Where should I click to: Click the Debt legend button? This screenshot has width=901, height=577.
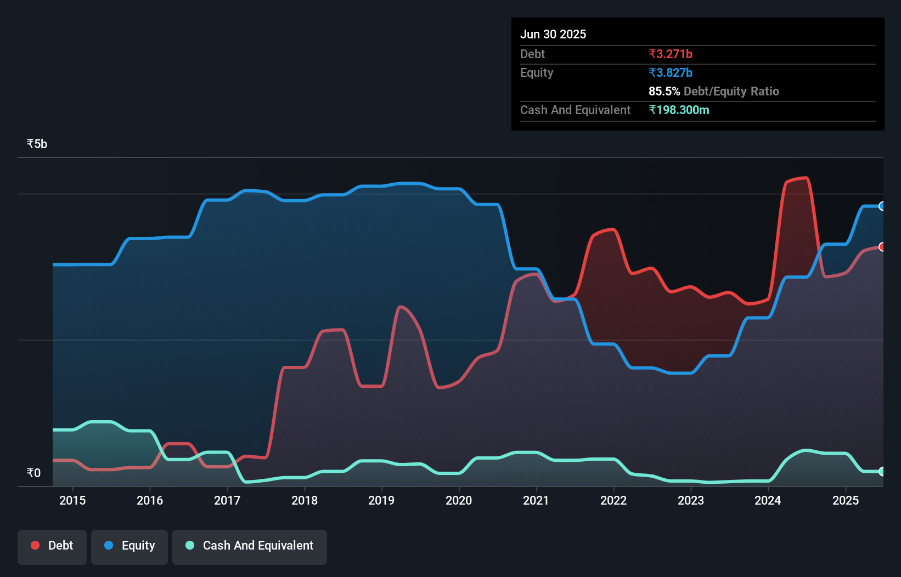(52, 546)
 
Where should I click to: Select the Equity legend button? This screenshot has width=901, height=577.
(129, 546)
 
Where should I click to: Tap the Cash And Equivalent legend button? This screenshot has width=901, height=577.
(250, 546)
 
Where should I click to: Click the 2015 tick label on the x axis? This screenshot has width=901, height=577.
(72, 500)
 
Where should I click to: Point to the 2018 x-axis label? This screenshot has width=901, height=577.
(305, 500)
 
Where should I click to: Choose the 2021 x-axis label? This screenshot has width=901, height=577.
(536, 500)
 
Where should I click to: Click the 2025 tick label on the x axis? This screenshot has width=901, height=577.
(846, 500)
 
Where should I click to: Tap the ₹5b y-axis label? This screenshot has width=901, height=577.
(37, 144)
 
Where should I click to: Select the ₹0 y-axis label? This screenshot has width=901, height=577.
(33, 473)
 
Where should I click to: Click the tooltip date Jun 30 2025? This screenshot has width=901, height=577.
(553, 35)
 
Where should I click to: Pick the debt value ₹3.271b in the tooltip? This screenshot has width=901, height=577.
(671, 54)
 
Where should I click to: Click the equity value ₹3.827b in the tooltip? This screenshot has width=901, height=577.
(671, 73)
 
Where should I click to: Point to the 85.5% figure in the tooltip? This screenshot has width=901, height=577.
(664, 92)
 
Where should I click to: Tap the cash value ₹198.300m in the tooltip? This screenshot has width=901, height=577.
(679, 110)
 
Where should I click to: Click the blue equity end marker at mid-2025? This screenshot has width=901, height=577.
(882, 206)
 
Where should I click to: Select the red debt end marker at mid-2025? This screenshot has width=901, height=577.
(882, 247)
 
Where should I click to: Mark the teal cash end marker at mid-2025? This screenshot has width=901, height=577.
(882, 471)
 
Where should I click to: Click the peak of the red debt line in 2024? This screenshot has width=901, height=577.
(804, 178)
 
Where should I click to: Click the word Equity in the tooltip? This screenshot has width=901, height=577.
(537, 73)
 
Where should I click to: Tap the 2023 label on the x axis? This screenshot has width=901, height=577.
(691, 500)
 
